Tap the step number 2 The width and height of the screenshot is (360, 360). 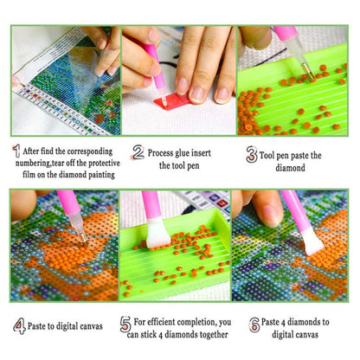[x=137, y=152]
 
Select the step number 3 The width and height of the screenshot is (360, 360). [x=252, y=156]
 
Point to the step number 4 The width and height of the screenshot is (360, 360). [x=19, y=326]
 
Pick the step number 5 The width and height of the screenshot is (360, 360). [x=125, y=325]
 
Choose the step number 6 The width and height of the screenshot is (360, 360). [x=254, y=325]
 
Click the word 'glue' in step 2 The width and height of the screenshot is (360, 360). [x=192, y=151]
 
